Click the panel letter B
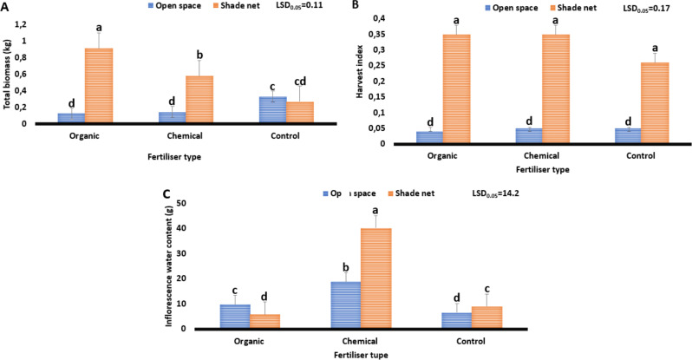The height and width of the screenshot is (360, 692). (x=354, y=6)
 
